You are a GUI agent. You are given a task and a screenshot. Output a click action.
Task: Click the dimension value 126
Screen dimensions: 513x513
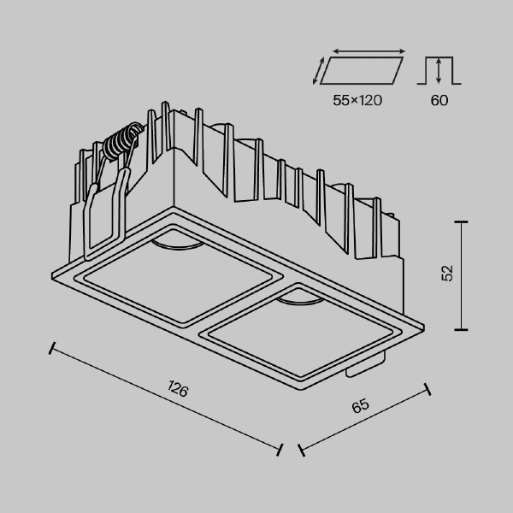click(177, 391)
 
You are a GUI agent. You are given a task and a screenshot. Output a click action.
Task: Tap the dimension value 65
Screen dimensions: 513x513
click(360, 407)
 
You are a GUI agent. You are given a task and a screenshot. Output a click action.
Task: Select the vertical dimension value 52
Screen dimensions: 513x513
click(447, 274)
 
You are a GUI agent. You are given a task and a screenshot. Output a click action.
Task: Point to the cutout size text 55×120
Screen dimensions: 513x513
click(357, 100)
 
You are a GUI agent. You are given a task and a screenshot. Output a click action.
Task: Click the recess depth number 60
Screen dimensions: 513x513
click(439, 100)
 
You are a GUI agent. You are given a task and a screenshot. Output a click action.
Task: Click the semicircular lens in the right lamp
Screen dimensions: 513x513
click(298, 300)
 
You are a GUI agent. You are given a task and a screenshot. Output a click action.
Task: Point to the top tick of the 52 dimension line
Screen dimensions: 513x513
click(463, 221)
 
